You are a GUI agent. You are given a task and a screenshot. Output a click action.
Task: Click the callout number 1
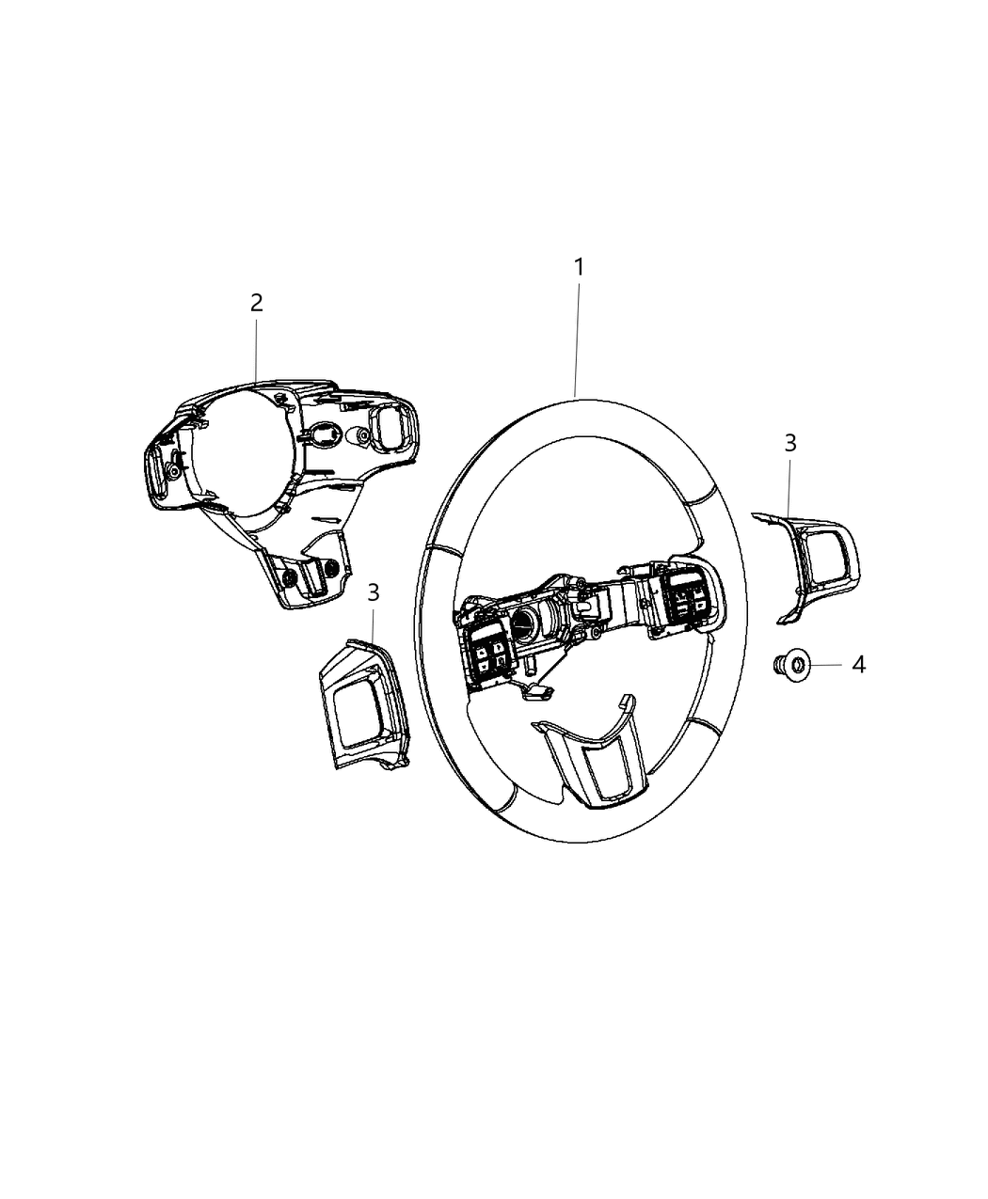pyautogui.click(x=580, y=267)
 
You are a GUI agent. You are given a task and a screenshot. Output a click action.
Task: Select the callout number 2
pyautogui.click(x=256, y=303)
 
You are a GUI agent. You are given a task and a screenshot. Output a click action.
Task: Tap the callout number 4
pyautogui.click(x=858, y=665)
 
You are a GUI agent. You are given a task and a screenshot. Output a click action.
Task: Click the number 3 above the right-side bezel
pyautogui.click(x=789, y=443)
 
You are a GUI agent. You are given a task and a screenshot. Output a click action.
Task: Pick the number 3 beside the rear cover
pyautogui.click(x=374, y=592)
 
